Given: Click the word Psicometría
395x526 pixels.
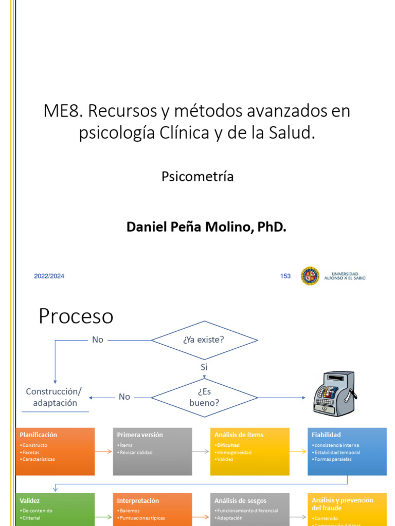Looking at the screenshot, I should point(197,177).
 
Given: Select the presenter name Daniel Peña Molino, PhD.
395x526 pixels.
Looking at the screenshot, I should point(206,227).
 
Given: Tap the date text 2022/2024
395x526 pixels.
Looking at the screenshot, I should point(49,276).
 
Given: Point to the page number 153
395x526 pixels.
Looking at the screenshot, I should point(285,276).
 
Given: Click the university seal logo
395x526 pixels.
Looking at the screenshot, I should point(310,276).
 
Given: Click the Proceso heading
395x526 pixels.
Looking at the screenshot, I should point(76,316).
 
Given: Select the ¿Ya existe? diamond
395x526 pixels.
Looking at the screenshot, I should point(204,340).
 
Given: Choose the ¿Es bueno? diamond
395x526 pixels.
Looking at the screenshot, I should point(204,397).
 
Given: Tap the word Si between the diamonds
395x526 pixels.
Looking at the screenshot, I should point(204,367).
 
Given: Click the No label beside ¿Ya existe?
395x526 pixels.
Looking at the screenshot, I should point(98,340).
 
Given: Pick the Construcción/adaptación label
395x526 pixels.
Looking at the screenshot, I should point(54,397).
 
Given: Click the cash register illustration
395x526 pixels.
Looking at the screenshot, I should point(333,393).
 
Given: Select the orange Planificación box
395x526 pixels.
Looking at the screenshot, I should point(56,451).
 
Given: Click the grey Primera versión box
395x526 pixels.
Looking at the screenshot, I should point(152,451).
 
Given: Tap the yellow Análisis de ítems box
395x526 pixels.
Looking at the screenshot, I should point(249,451).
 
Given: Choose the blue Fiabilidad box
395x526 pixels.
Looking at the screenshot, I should point(347,451).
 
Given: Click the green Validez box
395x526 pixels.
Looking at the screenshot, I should point(56,509).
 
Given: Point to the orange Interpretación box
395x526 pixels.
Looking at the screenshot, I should point(152,509).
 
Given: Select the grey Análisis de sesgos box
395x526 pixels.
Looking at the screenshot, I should point(249,509).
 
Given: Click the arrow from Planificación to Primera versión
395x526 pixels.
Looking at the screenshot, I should point(104,452).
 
